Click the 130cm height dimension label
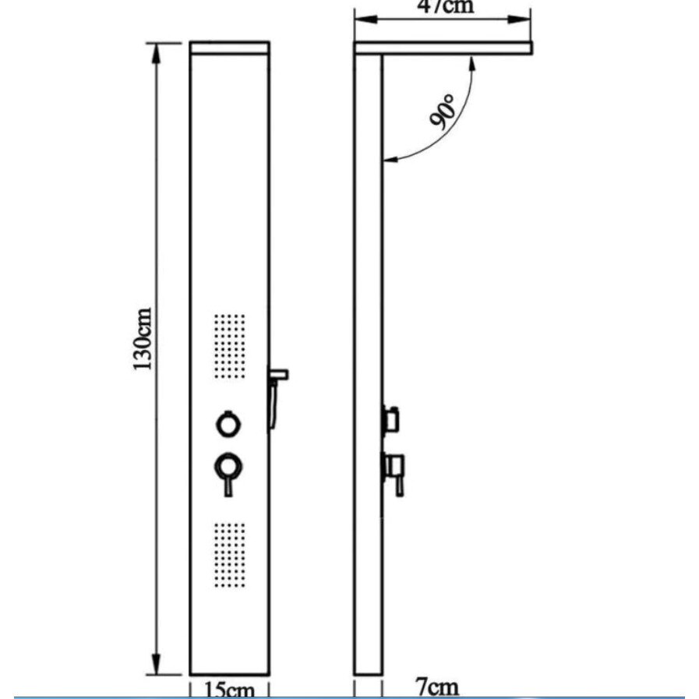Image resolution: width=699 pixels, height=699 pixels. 143,339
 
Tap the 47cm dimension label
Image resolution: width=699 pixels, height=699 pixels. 445,7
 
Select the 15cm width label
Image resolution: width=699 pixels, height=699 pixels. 229,690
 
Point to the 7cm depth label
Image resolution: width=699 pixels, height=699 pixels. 437,687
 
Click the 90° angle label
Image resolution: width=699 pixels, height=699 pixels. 443,112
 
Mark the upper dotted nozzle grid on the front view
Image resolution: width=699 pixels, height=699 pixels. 230,346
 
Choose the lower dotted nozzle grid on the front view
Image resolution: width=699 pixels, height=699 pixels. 230,555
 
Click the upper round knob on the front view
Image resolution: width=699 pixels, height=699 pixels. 228,424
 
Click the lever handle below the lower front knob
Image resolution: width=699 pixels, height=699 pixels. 228,486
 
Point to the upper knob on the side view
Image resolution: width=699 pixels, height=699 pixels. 391,419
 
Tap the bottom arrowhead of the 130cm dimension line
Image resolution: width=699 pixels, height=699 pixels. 156,665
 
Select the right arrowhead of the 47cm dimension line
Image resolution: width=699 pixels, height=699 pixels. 519,19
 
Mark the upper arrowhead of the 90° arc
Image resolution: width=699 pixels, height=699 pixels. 472,65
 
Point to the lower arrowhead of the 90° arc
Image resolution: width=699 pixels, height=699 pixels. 392,159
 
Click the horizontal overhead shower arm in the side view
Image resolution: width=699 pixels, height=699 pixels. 443,48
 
